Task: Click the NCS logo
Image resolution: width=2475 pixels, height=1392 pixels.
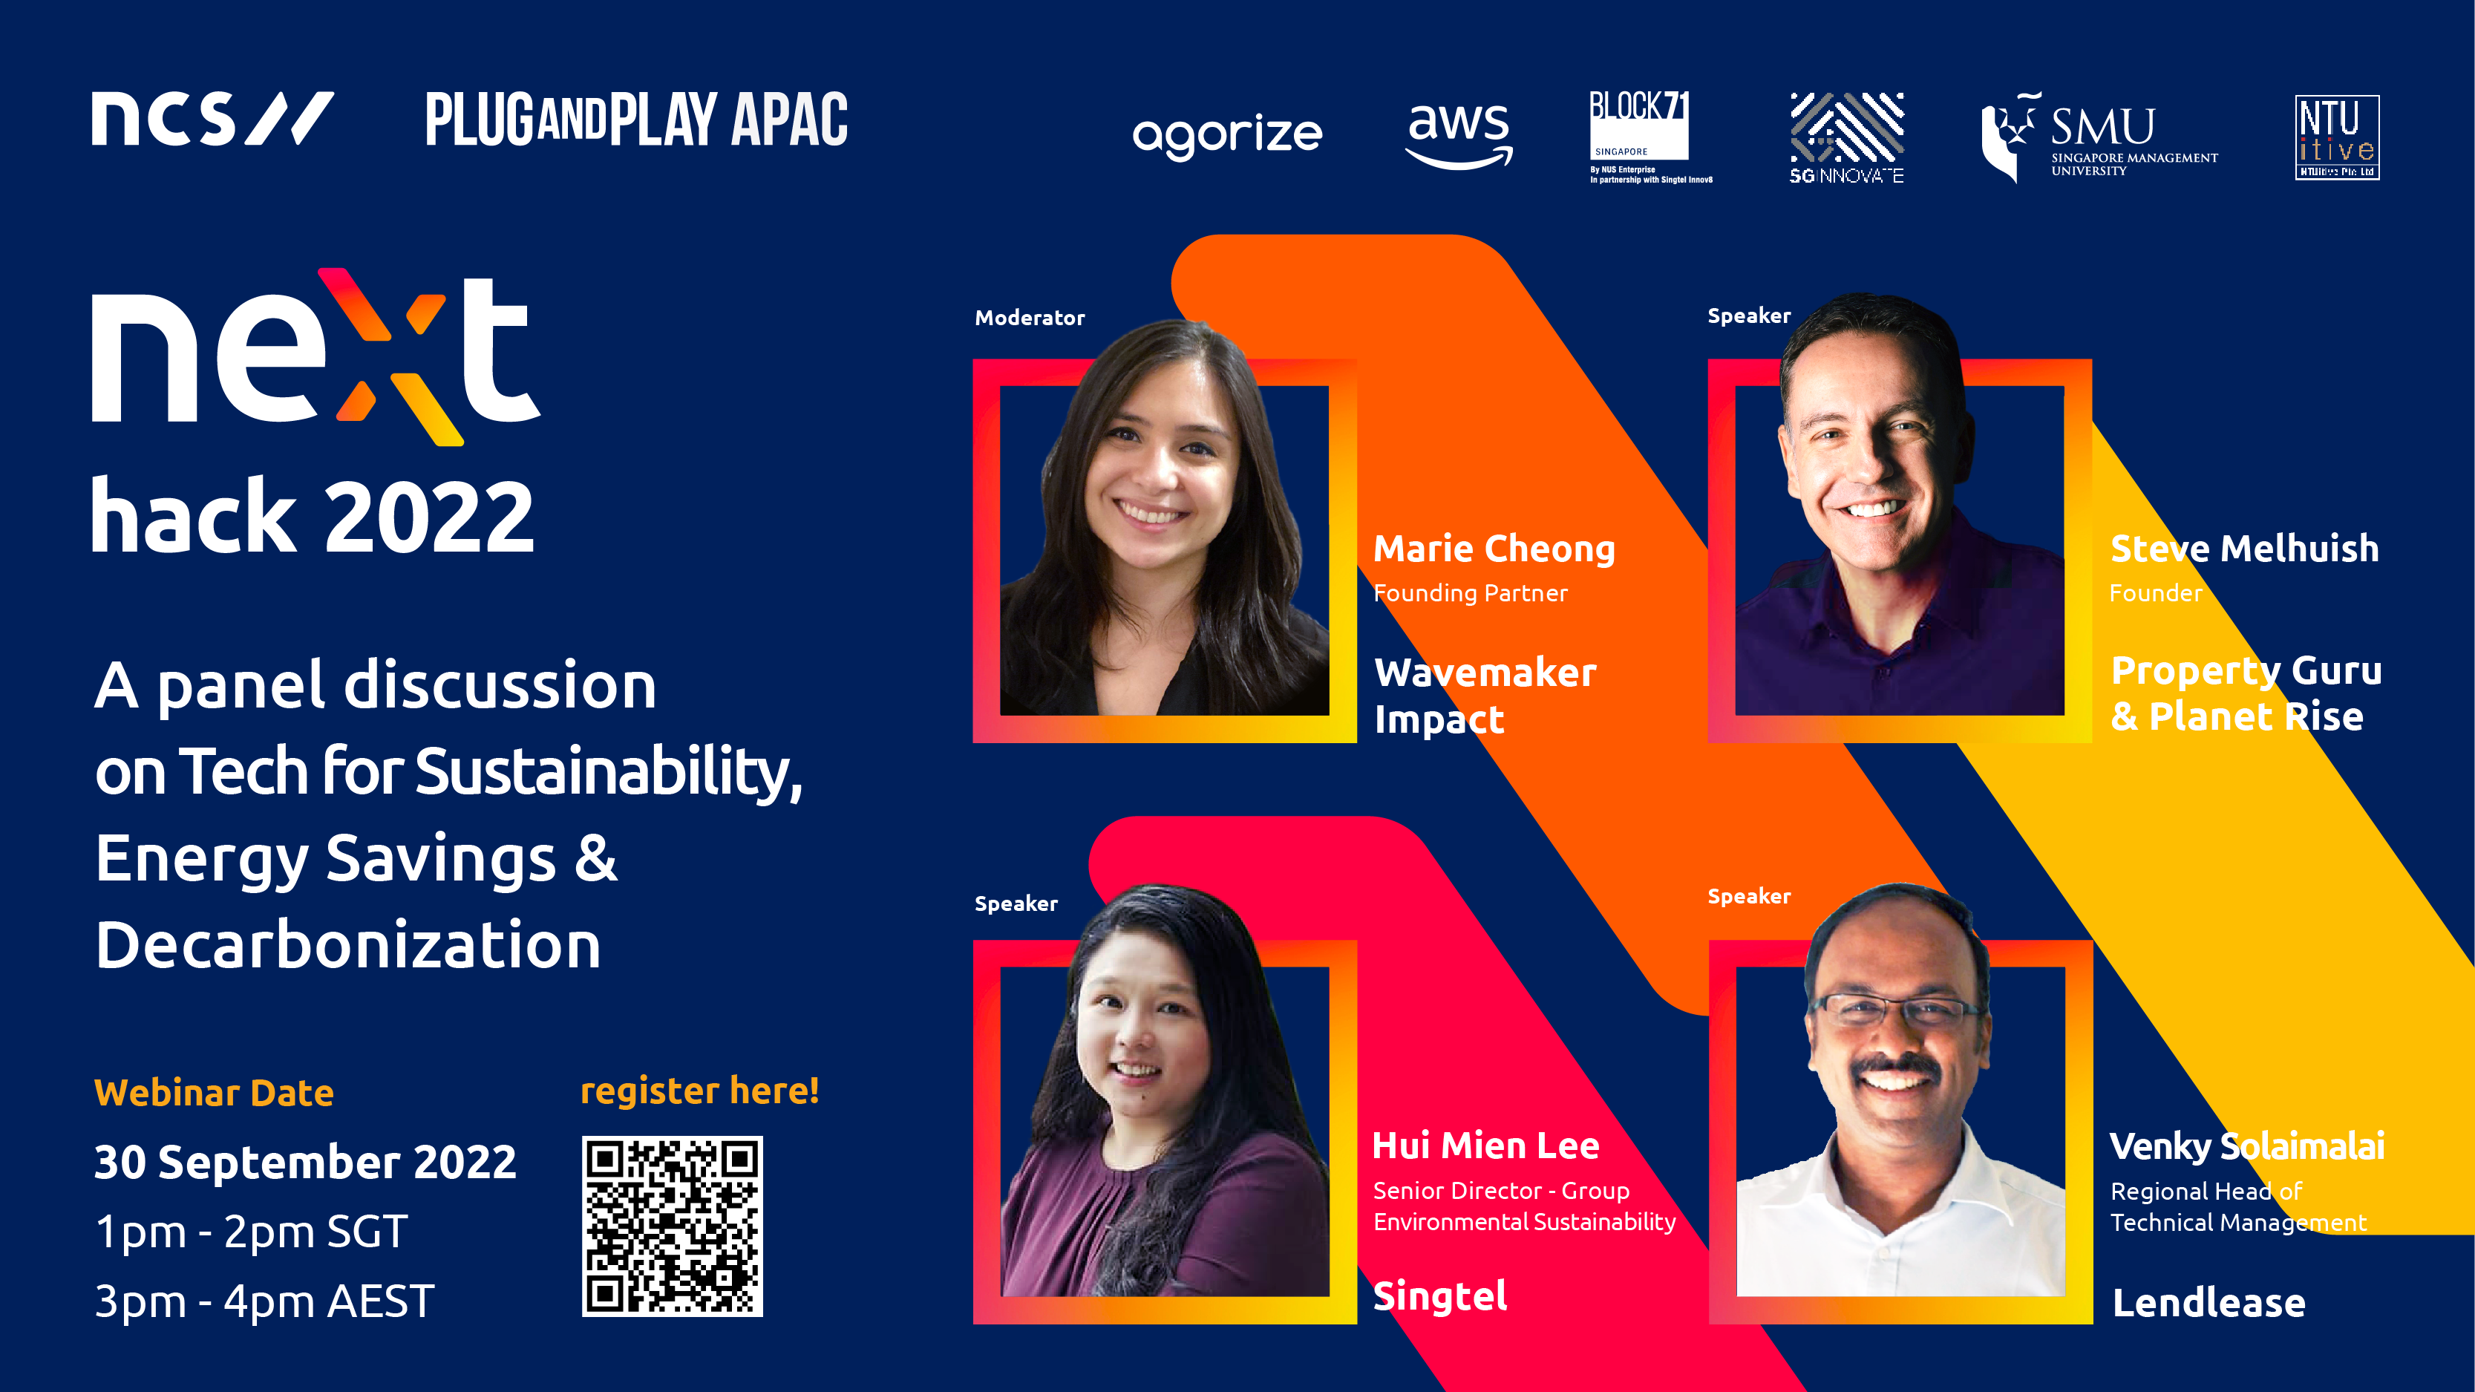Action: pyautogui.click(x=212, y=119)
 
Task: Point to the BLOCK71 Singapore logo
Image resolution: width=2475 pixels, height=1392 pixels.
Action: pyautogui.click(x=1650, y=137)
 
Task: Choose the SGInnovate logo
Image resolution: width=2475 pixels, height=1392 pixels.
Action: pyautogui.click(x=1845, y=137)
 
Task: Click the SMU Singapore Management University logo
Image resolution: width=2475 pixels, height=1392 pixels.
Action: pyautogui.click(x=2099, y=137)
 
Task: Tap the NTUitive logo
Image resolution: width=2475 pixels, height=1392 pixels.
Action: pyautogui.click(x=2337, y=137)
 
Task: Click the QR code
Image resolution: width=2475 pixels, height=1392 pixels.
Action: pyautogui.click(x=672, y=1226)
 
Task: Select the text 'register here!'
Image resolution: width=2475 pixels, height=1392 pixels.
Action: pyautogui.click(x=699, y=1092)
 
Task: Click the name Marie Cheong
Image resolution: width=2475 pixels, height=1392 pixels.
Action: pyautogui.click(x=1494, y=549)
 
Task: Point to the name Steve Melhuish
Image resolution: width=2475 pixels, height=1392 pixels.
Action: pyautogui.click(x=2244, y=549)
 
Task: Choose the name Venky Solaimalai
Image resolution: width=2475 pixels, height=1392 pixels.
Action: pyautogui.click(x=2246, y=1146)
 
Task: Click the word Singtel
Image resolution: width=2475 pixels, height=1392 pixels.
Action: pyautogui.click(x=1439, y=1297)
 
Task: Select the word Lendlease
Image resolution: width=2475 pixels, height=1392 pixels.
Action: pyautogui.click(x=2208, y=1303)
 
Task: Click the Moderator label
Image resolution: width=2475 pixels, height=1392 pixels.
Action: pyautogui.click(x=1029, y=318)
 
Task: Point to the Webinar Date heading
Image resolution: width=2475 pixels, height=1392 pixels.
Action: pyautogui.click(x=213, y=1094)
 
